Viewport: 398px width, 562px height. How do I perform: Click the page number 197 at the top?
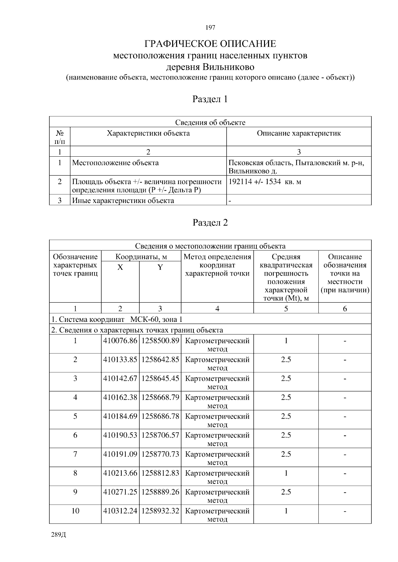point(210,27)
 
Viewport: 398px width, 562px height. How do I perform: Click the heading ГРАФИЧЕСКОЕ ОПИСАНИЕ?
point(210,44)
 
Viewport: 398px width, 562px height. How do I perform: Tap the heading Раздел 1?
point(210,99)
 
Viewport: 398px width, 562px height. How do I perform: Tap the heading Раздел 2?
point(210,223)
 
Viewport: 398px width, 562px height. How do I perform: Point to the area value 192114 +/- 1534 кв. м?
point(265,181)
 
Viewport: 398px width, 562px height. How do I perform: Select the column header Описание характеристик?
point(299,133)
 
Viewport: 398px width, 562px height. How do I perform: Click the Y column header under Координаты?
point(160,267)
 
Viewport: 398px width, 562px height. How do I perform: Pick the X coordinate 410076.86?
point(120,340)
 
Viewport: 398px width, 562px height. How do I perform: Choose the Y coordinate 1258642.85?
point(160,359)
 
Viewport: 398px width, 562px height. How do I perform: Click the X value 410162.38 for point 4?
point(120,397)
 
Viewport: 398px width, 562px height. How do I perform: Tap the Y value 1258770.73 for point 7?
point(160,454)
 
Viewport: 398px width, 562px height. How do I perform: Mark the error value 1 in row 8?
point(286,473)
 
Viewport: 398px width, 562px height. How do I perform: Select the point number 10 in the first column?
point(75,511)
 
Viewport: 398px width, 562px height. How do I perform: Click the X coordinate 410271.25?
point(120,492)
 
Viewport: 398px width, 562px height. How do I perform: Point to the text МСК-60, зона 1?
point(156,319)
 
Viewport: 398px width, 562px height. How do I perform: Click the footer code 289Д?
point(59,535)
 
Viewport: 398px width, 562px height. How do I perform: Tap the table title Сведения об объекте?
point(210,123)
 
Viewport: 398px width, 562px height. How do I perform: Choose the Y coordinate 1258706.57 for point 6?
point(160,435)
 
